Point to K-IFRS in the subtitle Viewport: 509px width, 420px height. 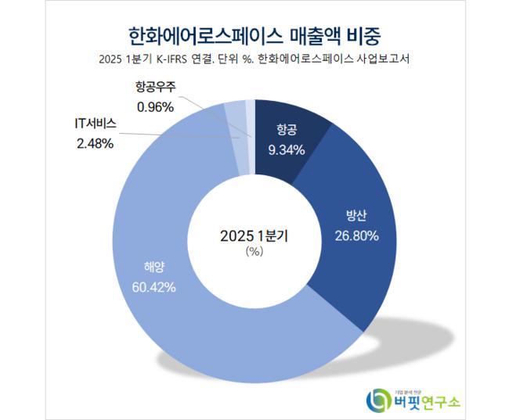pyautogui.click(x=177, y=60)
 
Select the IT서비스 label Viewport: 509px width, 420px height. pyautogui.click(x=95, y=126)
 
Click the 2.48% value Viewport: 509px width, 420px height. pyautogui.click(x=95, y=143)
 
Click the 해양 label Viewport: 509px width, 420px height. pyautogui.click(x=154, y=267)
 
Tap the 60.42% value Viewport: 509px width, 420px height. pyautogui.click(x=154, y=286)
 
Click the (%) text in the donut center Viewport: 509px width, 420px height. pyautogui.click(x=254, y=252)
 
